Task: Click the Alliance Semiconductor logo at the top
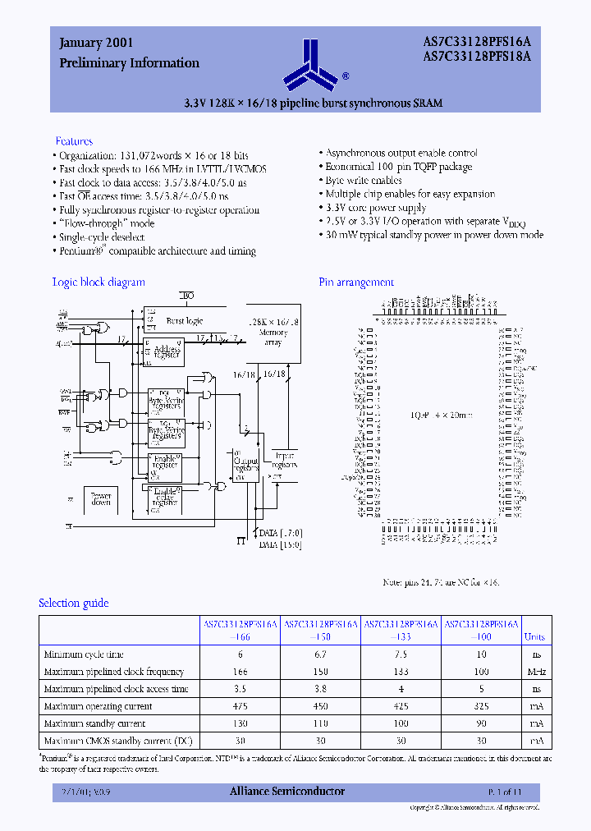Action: tap(311, 64)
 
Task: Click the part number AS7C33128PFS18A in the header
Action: tap(477, 57)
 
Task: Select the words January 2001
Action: tap(97, 43)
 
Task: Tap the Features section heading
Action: tap(74, 141)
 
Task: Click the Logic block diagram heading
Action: tap(98, 282)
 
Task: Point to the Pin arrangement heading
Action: tap(356, 282)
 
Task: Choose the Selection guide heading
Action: tap(74, 603)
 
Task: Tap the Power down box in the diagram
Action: tap(101, 498)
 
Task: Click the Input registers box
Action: tap(284, 459)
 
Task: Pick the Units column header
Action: tap(534, 636)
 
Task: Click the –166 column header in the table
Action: tap(241, 636)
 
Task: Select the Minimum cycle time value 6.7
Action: tap(321, 654)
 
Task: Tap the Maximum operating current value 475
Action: tap(241, 706)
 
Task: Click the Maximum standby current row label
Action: tap(94, 723)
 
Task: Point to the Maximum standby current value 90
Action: tap(482, 723)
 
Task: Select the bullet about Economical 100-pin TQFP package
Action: tap(399, 167)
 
